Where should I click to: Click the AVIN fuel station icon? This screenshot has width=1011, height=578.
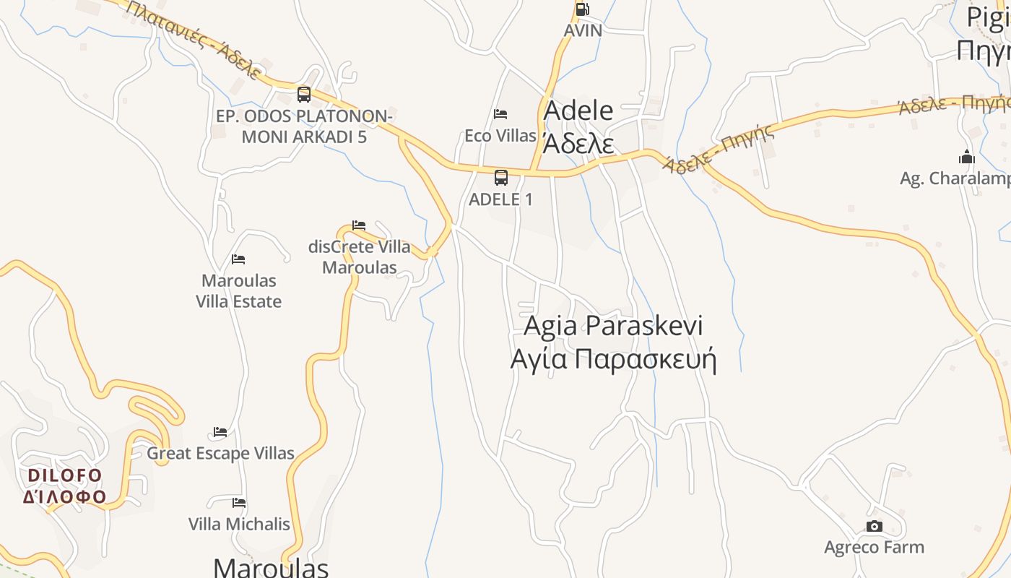pyautogui.click(x=581, y=9)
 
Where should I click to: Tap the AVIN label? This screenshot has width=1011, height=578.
pyautogui.click(x=583, y=31)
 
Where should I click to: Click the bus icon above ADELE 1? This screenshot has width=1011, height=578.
pyautogui.click(x=501, y=177)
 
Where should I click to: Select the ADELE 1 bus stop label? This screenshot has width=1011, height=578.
pyautogui.click(x=501, y=199)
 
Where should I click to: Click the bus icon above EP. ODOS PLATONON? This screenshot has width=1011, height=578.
pyautogui.click(x=304, y=94)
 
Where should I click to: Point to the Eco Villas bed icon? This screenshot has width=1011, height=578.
pyautogui.click(x=500, y=114)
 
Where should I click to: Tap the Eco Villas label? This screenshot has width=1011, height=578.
pyautogui.click(x=500, y=136)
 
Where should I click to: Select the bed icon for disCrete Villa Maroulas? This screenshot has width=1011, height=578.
pyautogui.click(x=359, y=225)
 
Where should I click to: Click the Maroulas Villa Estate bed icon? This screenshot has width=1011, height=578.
pyautogui.click(x=238, y=259)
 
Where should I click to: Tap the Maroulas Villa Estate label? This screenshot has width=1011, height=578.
pyautogui.click(x=239, y=290)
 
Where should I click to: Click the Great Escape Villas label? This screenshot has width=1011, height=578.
pyautogui.click(x=221, y=454)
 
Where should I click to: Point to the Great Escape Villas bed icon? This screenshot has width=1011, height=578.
pyautogui.click(x=220, y=432)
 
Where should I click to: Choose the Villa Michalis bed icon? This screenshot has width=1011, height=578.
pyautogui.click(x=239, y=503)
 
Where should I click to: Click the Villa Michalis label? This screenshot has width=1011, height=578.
pyautogui.click(x=239, y=525)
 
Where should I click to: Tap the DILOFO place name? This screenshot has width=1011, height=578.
pyautogui.click(x=65, y=475)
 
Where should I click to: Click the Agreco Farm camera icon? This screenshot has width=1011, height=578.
pyautogui.click(x=875, y=526)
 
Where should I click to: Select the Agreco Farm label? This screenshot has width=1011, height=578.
pyautogui.click(x=875, y=548)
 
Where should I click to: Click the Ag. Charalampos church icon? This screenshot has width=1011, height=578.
pyautogui.click(x=967, y=157)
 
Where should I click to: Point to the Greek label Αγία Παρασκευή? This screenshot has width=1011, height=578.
pyautogui.click(x=613, y=359)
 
